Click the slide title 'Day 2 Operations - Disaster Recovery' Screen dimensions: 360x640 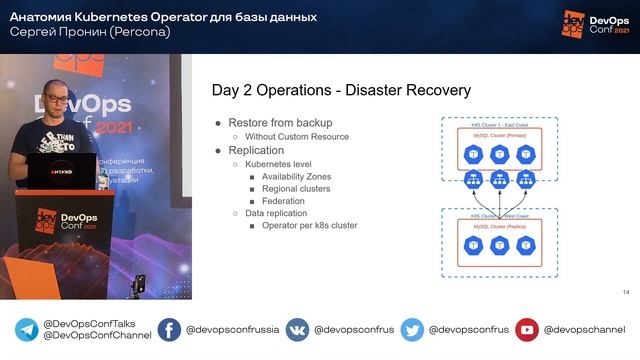click(343, 91)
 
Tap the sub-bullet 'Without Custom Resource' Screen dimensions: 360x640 click(297, 136)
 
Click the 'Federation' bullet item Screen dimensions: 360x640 click(285, 200)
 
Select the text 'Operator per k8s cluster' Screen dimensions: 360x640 click(309, 225)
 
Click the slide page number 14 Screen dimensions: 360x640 click(625, 291)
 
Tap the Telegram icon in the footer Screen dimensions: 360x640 click(26, 331)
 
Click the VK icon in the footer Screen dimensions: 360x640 click(297, 331)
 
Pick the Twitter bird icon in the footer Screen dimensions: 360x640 click(412, 331)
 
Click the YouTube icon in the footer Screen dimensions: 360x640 click(527, 331)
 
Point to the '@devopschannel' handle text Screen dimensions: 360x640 click(584, 331)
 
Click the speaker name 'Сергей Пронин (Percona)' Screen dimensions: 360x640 click(89, 31)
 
